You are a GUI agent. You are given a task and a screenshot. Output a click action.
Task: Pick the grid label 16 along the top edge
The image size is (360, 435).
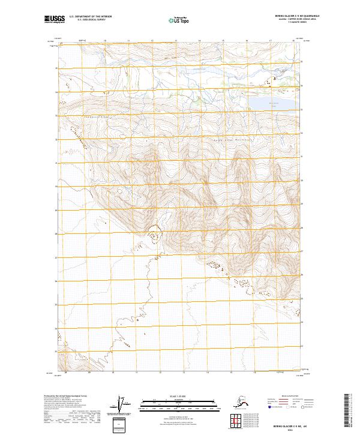tap(247, 41)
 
